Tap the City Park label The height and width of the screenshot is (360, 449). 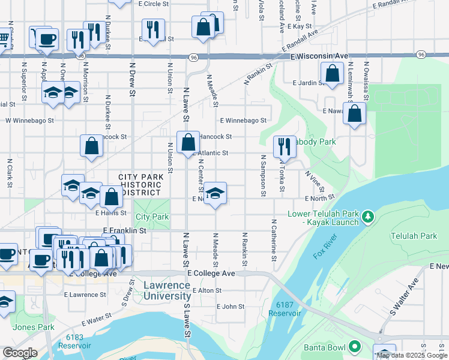click(x=152, y=217)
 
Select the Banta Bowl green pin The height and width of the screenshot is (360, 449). click(x=355, y=346)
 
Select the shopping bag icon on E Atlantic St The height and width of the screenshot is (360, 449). click(x=188, y=142)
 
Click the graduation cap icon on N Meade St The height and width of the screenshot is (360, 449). click(x=215, y=193)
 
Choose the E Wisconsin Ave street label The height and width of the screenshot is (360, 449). click(x=319, y=56)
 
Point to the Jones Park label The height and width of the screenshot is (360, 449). click(x=34, y=327)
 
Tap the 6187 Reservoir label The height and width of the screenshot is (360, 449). click(x=285, y=309)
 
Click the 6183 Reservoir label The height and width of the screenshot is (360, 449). click(x=75, y=341)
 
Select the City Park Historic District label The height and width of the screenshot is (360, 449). click(x=140, y=185)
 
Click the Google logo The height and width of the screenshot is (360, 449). click(x=20, y=353)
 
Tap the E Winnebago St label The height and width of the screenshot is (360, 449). click(x=243, y=121)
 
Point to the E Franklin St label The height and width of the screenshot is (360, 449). click(x=125, y=230)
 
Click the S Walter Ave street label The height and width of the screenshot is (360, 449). click(x=405, y=298)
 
